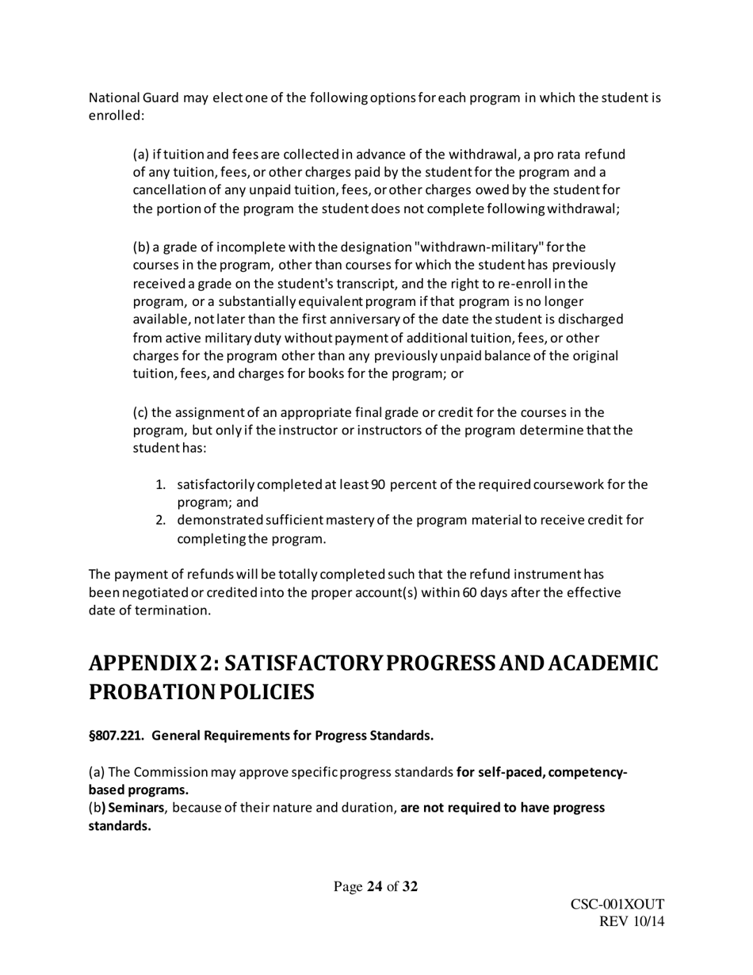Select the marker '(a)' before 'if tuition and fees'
(140, 155)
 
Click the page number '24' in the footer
(375, 886)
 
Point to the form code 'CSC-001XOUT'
(617, 904)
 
